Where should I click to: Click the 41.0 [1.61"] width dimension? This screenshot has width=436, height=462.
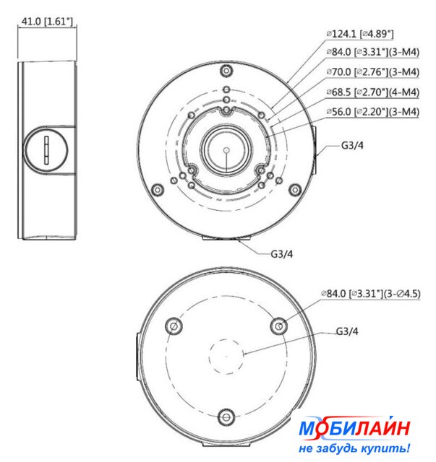click(47, 22)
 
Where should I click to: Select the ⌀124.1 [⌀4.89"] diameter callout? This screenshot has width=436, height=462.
click(360, 34)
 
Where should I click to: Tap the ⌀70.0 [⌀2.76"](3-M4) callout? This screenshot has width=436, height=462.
click(372, 72)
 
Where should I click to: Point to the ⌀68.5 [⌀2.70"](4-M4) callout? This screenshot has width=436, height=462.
click(372, 92)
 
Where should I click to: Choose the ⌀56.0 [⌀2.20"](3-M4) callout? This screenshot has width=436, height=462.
click(372, 112)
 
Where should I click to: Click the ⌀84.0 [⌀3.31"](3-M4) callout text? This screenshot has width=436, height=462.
click(372, 52)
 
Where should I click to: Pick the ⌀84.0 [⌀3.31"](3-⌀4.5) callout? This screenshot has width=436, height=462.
click(371, 294)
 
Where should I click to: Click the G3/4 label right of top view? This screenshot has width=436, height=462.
click(352, 145)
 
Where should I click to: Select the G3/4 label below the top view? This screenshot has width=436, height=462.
click(281, 253)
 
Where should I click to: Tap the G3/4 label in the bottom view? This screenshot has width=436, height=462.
click(347, 331)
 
